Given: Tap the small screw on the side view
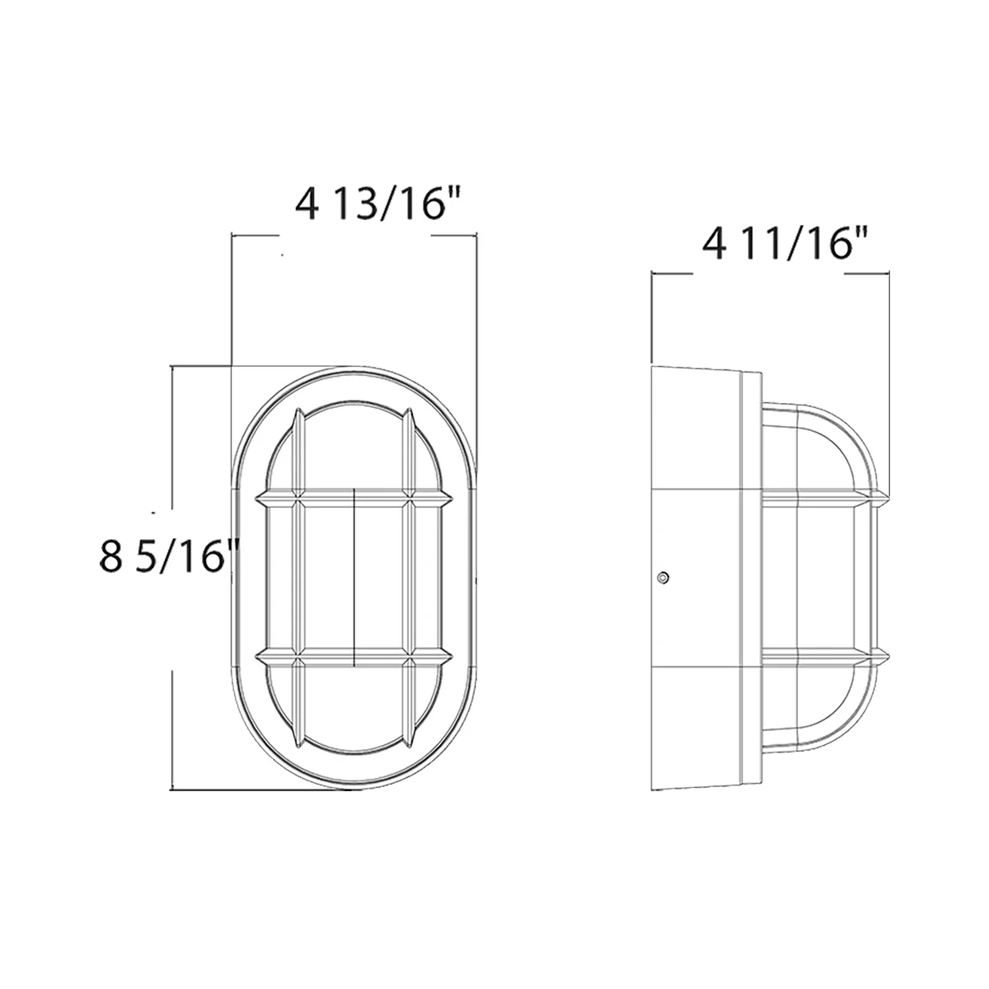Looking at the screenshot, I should coord(663,578).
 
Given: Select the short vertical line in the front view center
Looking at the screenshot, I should coord(354,577).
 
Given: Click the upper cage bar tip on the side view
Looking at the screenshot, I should coord(884,497).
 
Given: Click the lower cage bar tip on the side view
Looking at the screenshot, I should coord(884,658).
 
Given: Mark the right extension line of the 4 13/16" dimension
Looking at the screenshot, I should coord(477,330).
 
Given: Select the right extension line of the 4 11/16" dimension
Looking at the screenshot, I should coord(888,371).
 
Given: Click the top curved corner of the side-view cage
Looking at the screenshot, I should coord(849,433).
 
